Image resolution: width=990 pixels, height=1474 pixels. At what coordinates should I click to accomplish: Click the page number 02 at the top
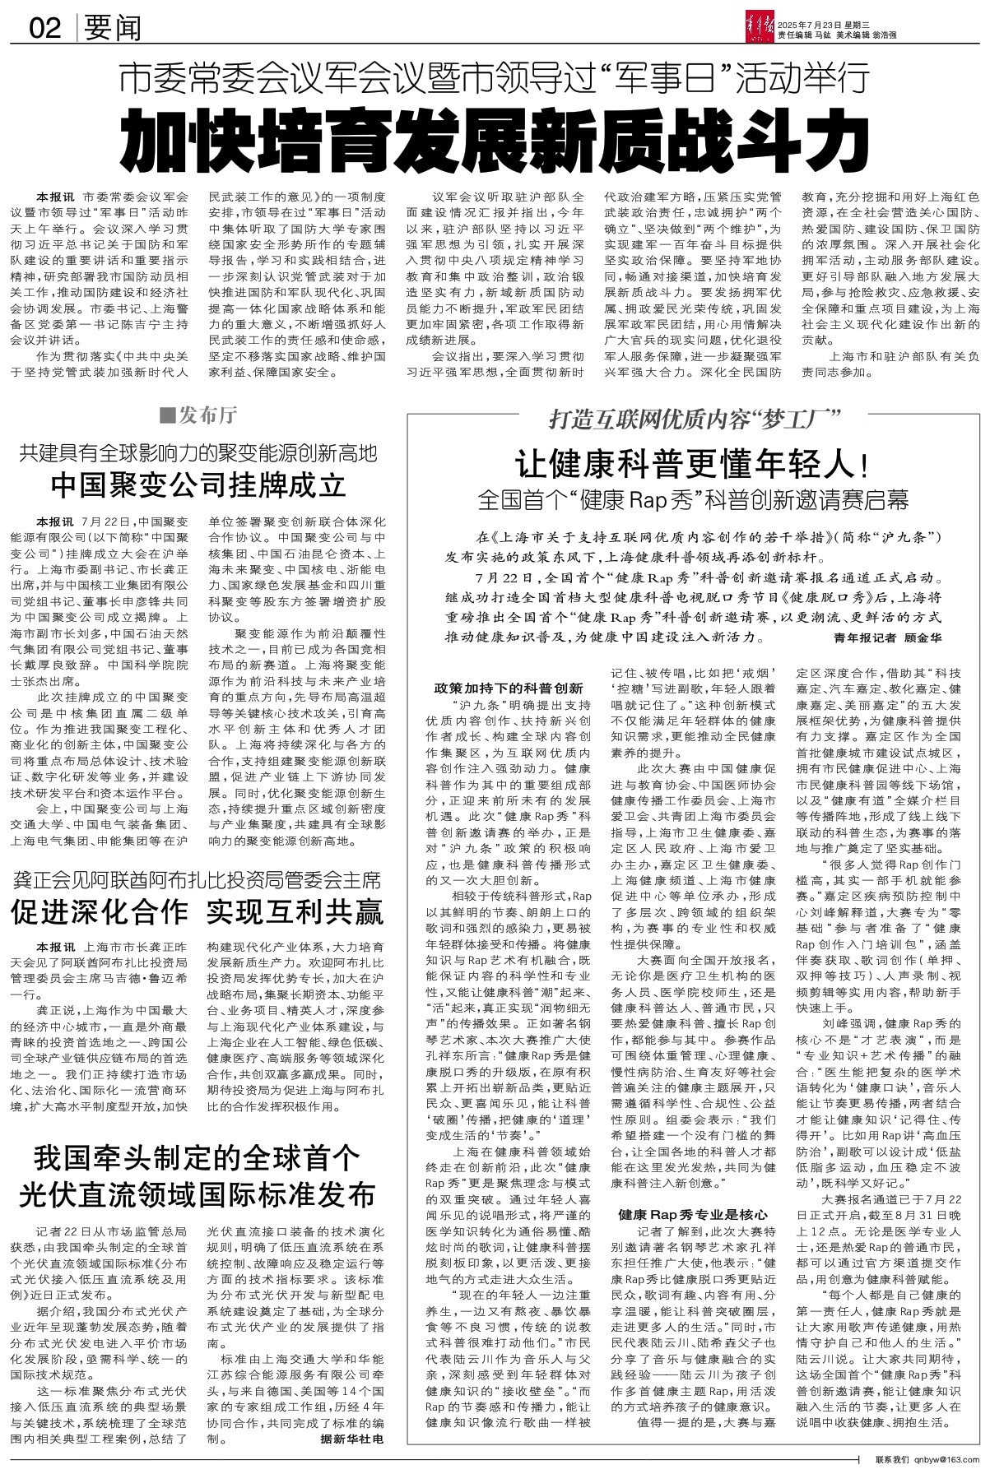(x=45, y=30)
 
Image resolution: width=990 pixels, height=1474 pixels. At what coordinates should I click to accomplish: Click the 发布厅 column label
(x=201, y=415)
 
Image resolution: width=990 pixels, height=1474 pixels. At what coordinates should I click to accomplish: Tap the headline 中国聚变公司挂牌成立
(x=198, y=486)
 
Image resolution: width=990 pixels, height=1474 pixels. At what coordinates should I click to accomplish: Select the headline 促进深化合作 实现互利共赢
(x=198, y=912)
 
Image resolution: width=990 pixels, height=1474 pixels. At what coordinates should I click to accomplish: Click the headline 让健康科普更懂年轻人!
(x=691, y=466)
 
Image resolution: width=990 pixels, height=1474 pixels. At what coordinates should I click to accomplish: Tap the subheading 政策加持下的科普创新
(x=509, y=688)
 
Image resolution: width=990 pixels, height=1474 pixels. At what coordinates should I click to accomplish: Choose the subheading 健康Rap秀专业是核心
(x=693, y=1213)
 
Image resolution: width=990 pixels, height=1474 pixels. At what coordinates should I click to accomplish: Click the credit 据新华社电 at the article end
(x=352, y=1439)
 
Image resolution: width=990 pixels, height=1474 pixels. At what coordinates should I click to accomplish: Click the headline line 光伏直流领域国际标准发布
(x=198, y=1194)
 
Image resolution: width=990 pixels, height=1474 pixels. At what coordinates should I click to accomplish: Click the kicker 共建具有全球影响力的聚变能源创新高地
(x=198, y=452)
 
